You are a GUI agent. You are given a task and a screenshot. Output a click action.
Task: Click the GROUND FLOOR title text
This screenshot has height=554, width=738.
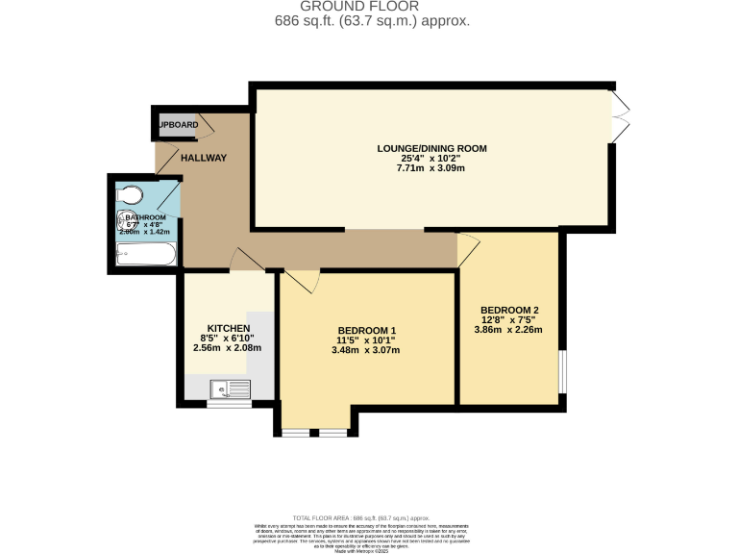coord(369,6)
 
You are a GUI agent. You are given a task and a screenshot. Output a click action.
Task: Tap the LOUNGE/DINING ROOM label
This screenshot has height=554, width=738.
coord(431,148)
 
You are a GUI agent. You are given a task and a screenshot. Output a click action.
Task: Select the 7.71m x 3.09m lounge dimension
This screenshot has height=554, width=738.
coord(431,168)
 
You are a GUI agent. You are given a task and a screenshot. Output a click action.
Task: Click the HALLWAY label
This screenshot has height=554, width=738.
coord(203,158)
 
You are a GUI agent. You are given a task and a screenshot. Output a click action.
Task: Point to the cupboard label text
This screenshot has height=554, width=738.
coord(178,125)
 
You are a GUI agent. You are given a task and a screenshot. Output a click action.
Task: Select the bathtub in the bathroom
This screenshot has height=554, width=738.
coord(145,255)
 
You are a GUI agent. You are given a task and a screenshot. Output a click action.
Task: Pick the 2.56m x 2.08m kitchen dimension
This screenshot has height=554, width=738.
coord(229,347)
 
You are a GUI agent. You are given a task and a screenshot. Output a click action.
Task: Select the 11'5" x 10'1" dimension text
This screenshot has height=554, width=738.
coord(364,340)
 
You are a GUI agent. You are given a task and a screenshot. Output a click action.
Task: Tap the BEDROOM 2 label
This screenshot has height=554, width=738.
coord(508,310)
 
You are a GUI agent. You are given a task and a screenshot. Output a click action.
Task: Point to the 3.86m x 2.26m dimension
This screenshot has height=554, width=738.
coord(508,330)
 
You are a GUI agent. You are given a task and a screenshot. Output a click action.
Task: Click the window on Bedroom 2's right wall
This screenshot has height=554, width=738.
coord(563,370)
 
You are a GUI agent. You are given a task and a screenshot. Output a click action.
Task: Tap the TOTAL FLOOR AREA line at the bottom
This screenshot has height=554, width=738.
coord(368,516)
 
